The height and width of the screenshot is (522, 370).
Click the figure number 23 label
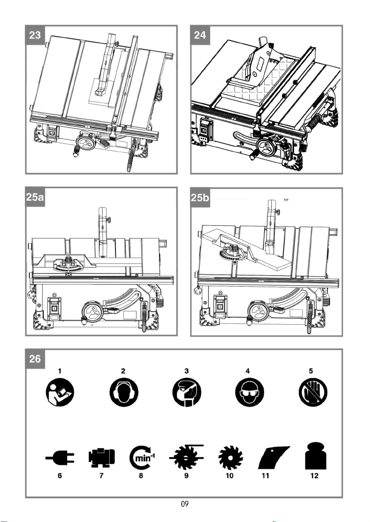click(x=35, y=35)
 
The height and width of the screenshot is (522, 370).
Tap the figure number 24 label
click(x=200, y=35)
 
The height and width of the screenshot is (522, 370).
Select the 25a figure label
click(x=35, y=197)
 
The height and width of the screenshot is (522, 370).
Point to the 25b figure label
click(x=200, y=197)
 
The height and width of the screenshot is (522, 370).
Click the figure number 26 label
click(x=35, y=359)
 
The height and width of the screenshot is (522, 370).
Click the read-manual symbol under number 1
click(x=60, y=392)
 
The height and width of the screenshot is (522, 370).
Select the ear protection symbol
click(x=123, y=392)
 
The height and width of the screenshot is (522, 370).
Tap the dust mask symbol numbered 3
click(x=187, y=392)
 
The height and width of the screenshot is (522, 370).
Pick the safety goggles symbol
click(x=249, y=392)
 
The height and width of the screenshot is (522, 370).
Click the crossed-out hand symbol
click(x=313, y=392)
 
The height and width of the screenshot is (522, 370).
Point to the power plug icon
click(x=60, y=458)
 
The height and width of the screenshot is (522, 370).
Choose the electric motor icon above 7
click(x=102, y=458)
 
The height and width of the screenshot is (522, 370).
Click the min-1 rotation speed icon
click(x=142, y=458)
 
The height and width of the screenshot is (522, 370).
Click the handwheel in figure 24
click(x=267, y=148)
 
